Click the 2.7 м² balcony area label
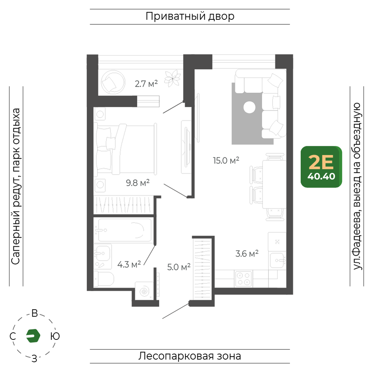146,84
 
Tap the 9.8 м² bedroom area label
138,183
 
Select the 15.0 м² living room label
226,160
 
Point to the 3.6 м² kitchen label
247,254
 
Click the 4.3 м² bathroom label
129,264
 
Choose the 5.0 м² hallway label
179,267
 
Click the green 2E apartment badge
322,167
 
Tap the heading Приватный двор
190,16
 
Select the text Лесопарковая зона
190,356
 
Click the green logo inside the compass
33,336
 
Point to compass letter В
35,313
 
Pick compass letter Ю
55,336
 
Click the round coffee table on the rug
249,107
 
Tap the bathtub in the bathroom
125,230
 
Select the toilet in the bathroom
104,279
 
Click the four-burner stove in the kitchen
243,279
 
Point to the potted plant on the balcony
173,78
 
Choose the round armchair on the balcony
113,82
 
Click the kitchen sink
278,260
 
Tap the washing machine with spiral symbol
144,291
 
